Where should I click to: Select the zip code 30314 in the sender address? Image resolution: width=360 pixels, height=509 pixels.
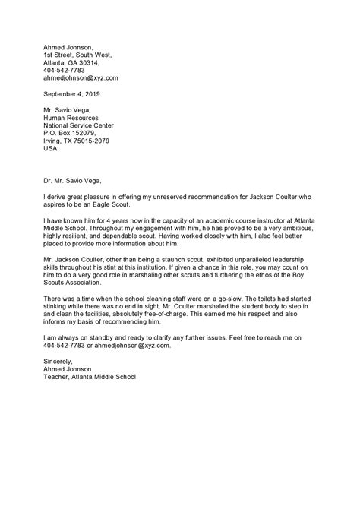click(x=96, y=61)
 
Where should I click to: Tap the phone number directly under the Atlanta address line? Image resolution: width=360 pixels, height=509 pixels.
click(x=65, y=69)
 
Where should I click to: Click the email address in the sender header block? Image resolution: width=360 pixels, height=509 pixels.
click(x=81, y=77)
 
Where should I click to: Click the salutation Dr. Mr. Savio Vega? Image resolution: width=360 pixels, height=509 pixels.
click(x=71, y=182)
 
